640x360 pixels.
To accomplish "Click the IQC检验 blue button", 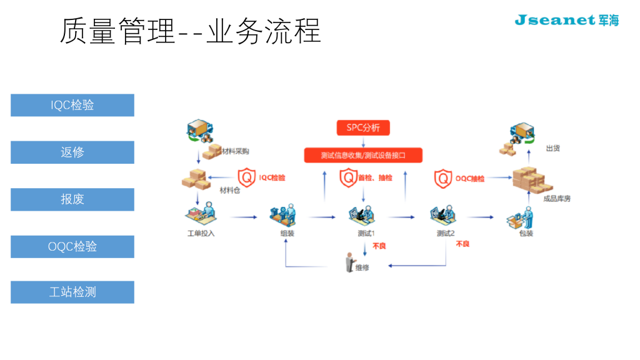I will (72, 105).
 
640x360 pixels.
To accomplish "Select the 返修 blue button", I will (72, 152).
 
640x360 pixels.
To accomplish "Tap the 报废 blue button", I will (72, 199).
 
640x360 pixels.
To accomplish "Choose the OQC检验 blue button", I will (72, 246).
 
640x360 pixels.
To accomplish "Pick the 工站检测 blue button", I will (72, 292).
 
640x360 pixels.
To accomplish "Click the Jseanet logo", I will (566, 20).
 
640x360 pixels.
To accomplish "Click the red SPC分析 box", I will (363, 128).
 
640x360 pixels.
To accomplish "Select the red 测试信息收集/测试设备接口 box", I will (363, 155).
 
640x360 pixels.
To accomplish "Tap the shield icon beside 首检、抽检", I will (348, 178).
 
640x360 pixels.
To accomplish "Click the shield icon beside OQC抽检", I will (443, 179).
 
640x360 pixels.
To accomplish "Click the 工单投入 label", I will (201, 234).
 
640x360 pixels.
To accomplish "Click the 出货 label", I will (552, 148).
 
